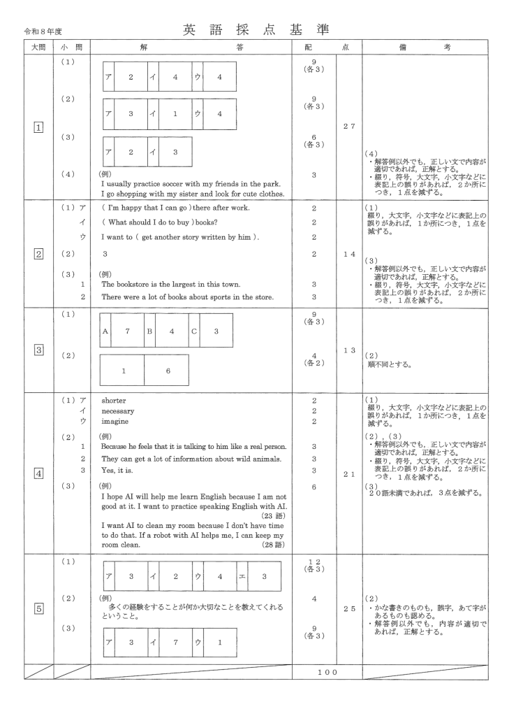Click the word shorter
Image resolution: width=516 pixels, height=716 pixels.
[115, 401]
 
